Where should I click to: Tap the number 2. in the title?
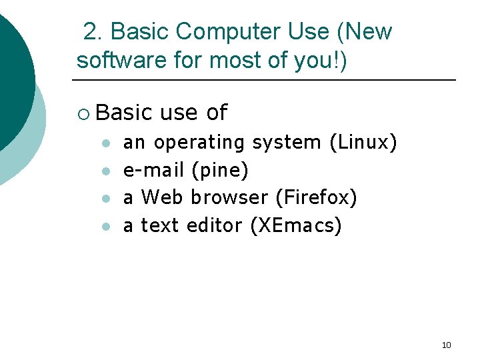93,31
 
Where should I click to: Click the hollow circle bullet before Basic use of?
82,113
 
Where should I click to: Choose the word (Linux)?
364,142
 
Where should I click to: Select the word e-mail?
154,170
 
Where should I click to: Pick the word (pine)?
220,170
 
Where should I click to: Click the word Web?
163,197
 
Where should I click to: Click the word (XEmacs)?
295,225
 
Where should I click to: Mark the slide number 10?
447,345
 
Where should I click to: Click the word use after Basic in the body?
179,113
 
